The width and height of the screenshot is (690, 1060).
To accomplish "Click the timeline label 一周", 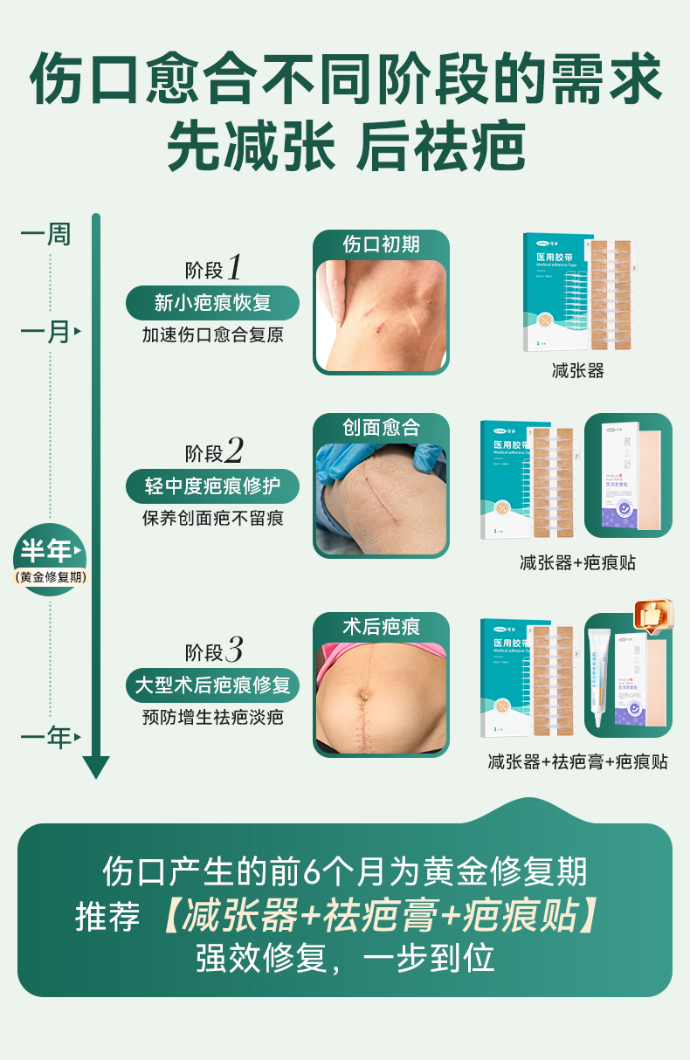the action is tap(45, 235).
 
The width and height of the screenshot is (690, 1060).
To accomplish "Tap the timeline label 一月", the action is tap(45, 332).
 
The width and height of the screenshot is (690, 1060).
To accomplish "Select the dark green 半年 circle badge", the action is tap(50, 560).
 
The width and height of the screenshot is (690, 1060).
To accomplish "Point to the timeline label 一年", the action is tap(46, 738).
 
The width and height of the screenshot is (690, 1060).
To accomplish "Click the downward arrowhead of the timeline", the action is tap(96, 767).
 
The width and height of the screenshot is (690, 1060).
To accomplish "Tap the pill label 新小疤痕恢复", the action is tap(212, 303).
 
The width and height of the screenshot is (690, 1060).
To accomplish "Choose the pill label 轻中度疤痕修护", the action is tap(212, 486).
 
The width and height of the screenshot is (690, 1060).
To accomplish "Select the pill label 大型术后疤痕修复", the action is tap(212, 685).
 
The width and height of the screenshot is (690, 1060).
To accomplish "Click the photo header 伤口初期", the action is tap(381, 244).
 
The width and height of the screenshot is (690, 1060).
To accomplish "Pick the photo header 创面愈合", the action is tap(381, 428).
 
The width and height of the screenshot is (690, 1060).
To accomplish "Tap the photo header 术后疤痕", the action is tap(381, 626).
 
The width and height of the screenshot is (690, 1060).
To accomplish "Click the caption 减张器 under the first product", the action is tap(578, 371).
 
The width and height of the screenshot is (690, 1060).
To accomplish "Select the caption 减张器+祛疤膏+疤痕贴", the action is tap(577, 762).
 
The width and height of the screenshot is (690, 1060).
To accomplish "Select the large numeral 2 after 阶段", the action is tap(233, 451).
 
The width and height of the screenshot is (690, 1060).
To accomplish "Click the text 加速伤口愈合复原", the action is tap(212, 335).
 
